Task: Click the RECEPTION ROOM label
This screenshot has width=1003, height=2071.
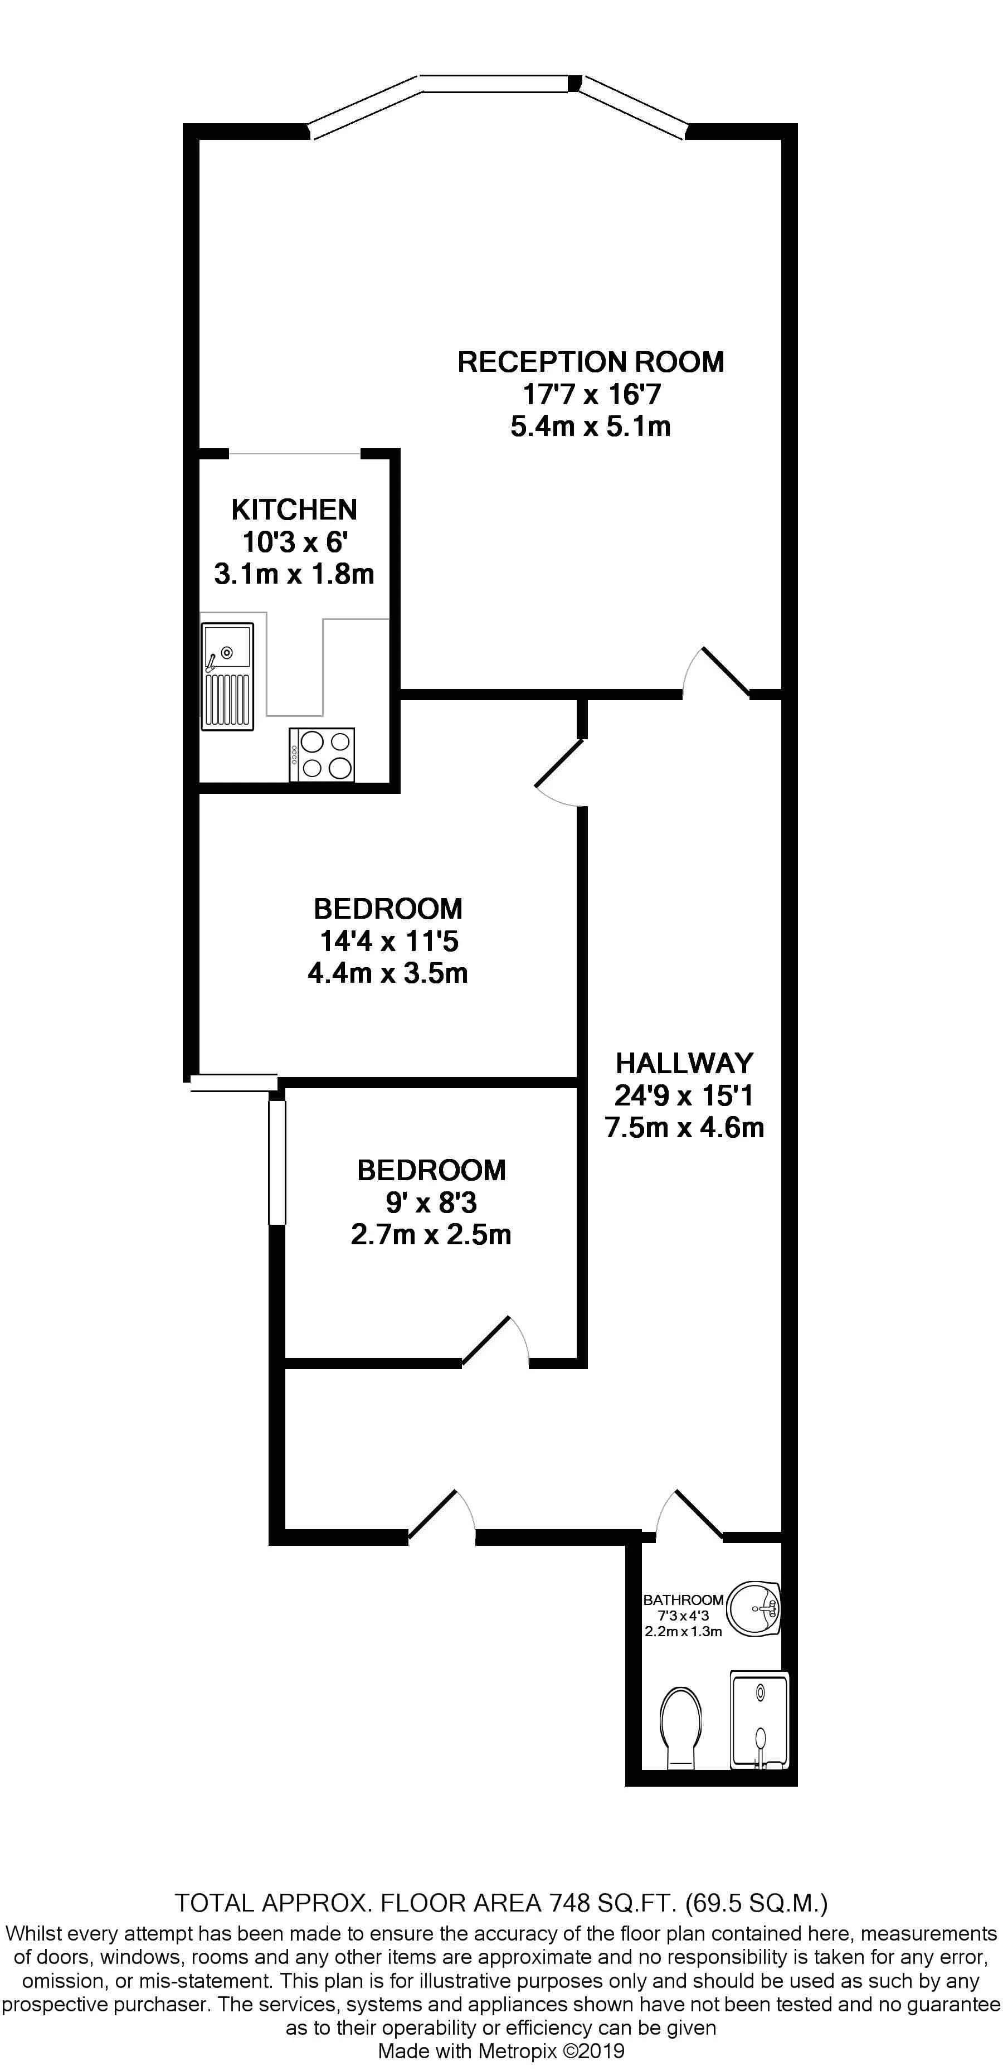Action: click(591, 362)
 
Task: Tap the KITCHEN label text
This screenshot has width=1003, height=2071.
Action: click(294, 510)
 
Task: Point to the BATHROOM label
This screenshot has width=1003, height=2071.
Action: click(683, 1600)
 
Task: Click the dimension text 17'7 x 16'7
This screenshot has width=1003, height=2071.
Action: click(592, 394)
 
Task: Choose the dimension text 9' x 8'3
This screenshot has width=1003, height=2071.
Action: click(432, 1202)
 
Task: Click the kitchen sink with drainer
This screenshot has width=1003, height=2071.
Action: click(227, 676)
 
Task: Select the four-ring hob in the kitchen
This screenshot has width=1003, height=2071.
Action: click(322, 754)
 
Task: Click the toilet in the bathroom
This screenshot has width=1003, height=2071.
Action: click(681, 1728)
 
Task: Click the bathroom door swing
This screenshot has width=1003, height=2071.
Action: click(690, 1515)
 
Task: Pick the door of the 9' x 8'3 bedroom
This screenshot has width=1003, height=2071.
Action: click(495, 1341)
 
